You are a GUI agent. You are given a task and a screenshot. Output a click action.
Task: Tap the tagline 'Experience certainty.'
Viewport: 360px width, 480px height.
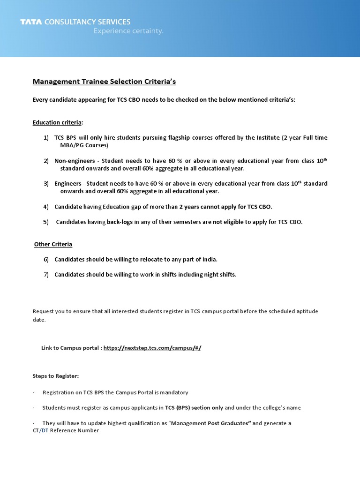(x=128, y=31)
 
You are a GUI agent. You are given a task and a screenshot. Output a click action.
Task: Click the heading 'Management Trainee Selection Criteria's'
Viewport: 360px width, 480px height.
(x=104, y=82)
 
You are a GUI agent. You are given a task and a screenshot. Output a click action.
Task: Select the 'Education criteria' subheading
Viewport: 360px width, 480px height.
(x=57, y=122)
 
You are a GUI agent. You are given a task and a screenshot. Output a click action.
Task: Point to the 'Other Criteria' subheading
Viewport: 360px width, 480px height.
(x=53, y=244)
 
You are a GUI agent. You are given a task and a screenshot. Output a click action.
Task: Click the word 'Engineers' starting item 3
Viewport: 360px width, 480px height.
(x=68, y=183)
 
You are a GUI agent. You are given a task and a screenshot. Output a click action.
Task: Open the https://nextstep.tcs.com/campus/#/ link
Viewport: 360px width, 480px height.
(x=152, y=347)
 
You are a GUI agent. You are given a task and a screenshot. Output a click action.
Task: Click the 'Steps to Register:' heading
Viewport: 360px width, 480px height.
(x=56, y=376)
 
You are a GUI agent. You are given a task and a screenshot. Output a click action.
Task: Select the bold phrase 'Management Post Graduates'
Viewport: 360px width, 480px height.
(x=211, y=423)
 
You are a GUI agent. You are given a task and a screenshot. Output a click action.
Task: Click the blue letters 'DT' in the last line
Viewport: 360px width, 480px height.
(x=45, y=430)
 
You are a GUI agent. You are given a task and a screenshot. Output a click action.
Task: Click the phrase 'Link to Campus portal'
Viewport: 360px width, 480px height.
(x=70, y=347)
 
